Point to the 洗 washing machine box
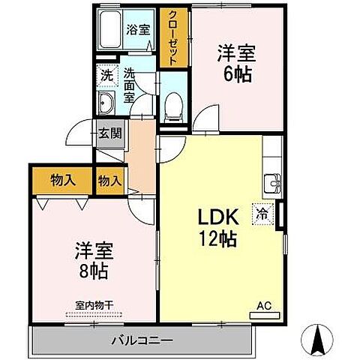107,75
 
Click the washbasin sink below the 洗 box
106,103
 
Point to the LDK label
217,217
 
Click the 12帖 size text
218,239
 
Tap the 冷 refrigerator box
263,213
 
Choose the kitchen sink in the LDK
273,181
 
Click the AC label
264,305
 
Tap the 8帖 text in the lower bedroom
93,271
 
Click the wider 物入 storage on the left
63,180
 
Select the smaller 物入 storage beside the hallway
110,180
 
